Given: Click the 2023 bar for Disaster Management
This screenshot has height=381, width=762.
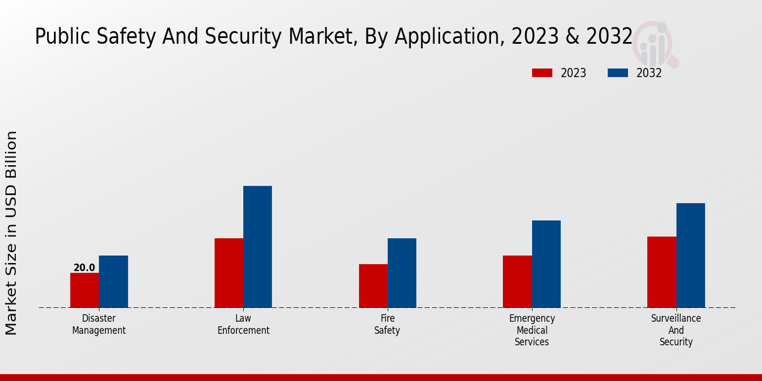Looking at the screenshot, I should [x=84, y=290].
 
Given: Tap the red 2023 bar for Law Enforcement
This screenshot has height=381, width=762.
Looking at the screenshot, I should [x=229, y=273].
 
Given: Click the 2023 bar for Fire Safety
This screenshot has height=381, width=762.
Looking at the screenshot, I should [x=373, y=286].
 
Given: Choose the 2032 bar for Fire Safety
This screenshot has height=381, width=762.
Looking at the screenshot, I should [x=402, y=273].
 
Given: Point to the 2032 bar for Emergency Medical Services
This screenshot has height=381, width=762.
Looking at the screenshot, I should [x=546, y=264].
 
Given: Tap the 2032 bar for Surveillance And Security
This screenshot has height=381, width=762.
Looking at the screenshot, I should [x=690, y=255].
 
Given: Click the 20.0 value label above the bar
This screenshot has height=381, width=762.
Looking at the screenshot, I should [x=84, y=268].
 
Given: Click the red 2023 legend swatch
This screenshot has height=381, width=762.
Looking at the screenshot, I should [x=542, y=73].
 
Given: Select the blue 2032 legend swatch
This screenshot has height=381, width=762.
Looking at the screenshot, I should [x=618, y=73].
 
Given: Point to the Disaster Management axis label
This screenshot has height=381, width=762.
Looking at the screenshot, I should [x=99, y=324].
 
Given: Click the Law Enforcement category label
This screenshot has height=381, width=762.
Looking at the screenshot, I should [x=243, y=324].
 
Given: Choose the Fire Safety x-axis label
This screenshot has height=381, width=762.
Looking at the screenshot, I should [x=387, y=324].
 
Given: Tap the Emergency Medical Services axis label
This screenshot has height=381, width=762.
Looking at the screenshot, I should [x=532, y=330].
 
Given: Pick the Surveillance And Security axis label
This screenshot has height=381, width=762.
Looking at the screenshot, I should [x=676, y=330].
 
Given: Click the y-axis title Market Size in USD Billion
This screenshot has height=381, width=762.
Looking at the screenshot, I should [x=11, y=232].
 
